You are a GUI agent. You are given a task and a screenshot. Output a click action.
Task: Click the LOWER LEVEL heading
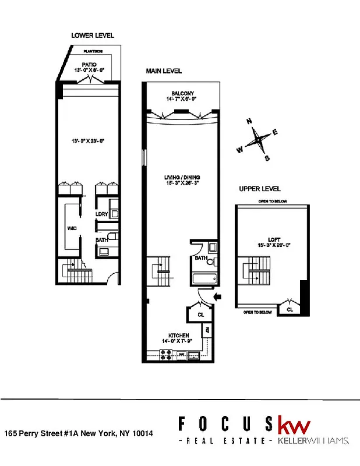pos(93,36)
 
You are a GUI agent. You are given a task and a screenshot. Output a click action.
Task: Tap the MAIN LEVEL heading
pos(164,71)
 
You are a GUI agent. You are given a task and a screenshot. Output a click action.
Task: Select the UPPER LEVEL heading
pos(259,189)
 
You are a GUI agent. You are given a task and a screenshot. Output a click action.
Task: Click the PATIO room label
pos(89,63)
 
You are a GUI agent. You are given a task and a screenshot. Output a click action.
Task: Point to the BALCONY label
pos(182,93)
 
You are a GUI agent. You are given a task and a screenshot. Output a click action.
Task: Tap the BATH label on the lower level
pos(101,239)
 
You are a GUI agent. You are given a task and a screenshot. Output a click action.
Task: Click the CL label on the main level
pos(194,315)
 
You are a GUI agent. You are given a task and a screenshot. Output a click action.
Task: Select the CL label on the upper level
pos(290,310)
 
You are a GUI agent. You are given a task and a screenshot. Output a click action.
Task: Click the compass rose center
pos(257,140)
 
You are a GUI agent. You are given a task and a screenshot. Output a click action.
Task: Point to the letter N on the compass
pos(249,122)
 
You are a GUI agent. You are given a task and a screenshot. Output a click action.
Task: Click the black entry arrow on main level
pos(217,297)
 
